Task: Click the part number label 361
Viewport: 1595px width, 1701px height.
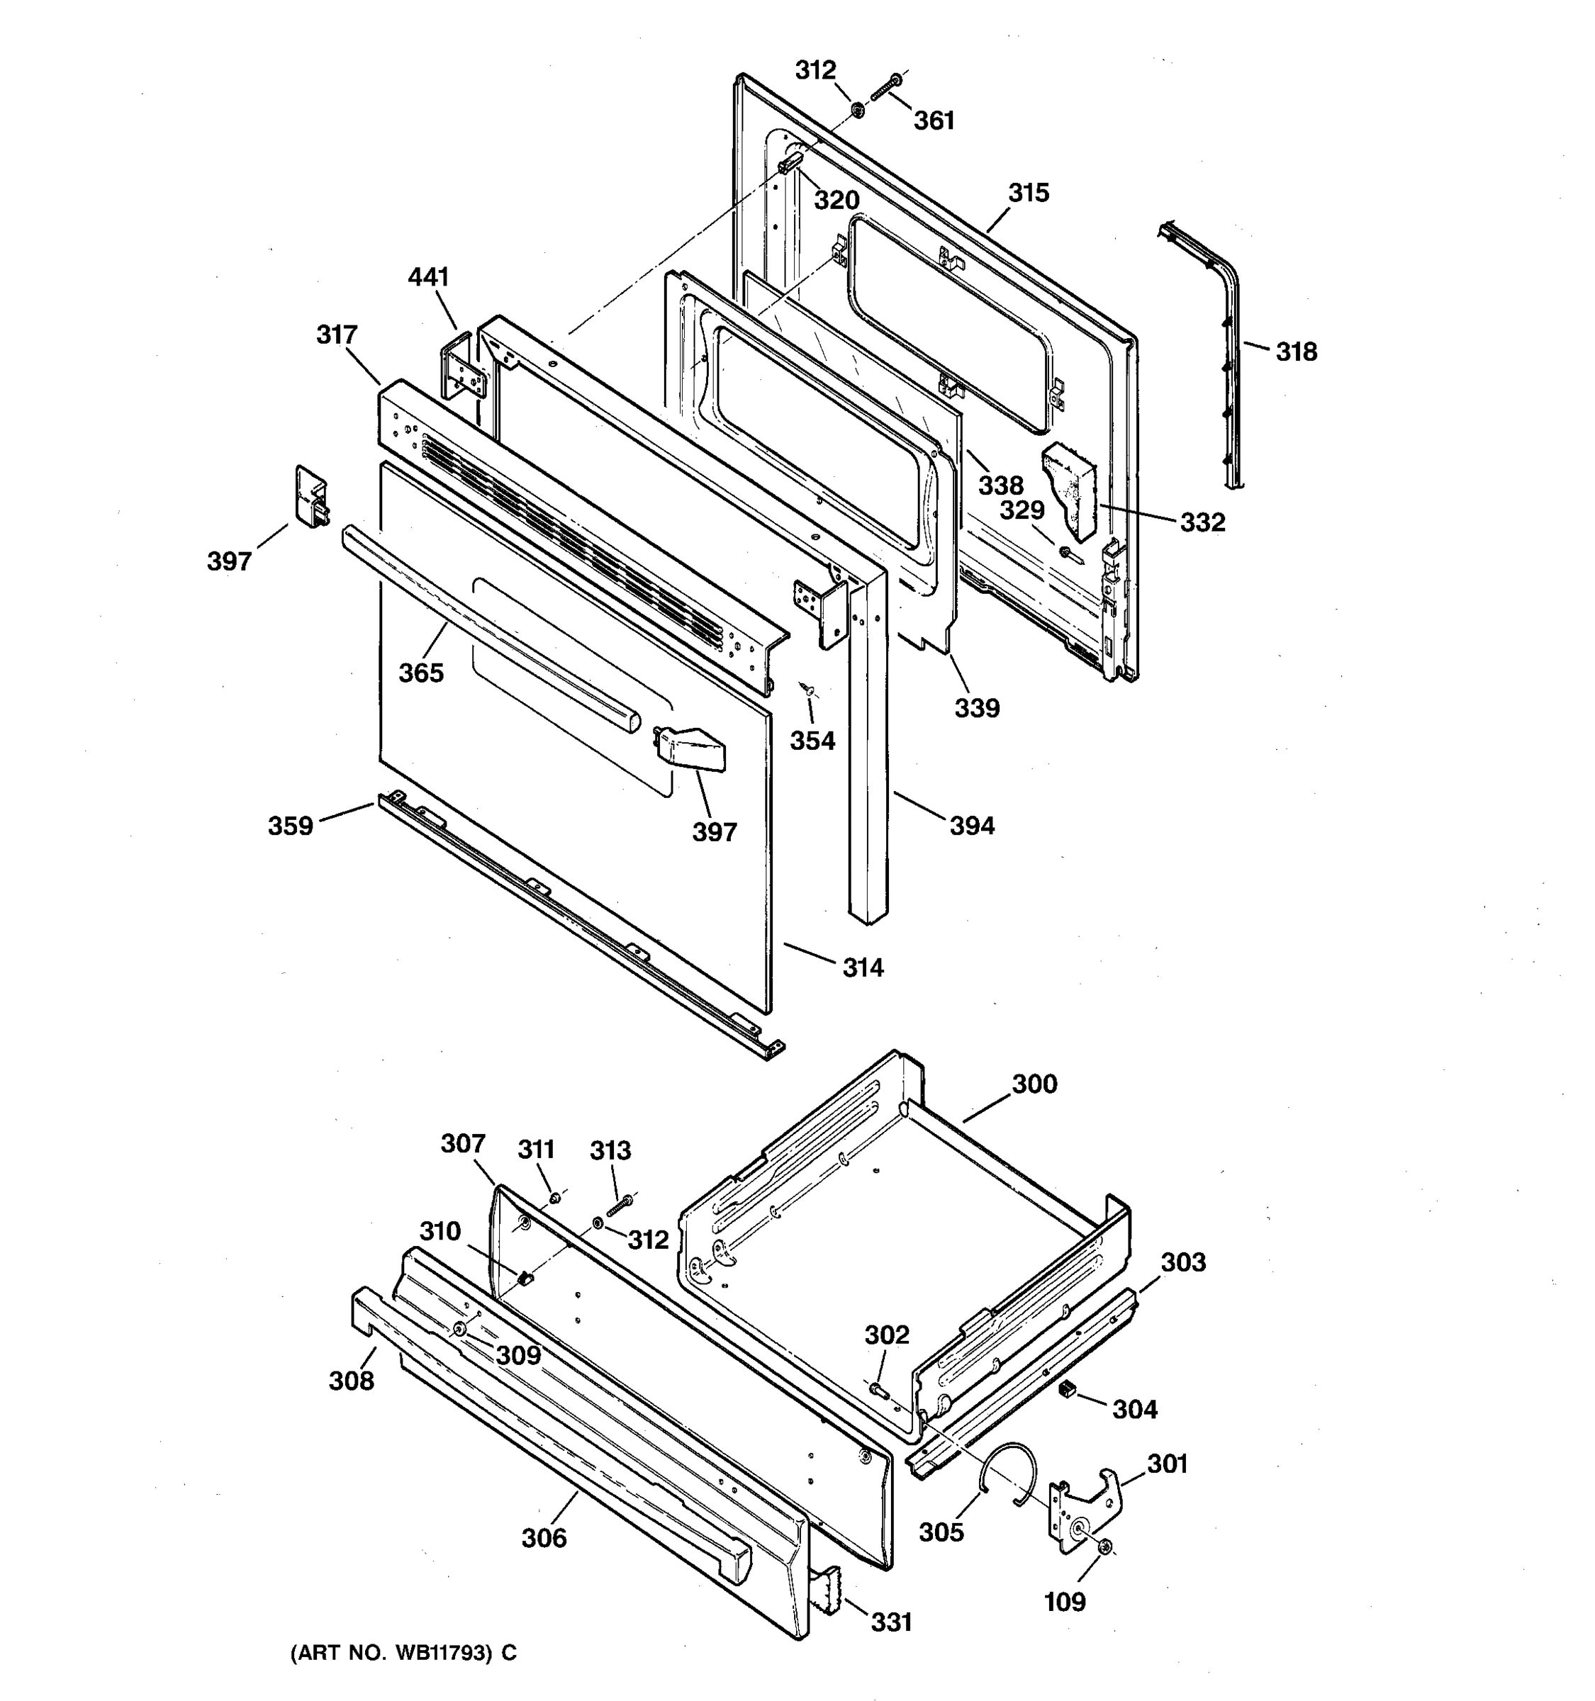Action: click(934, 120)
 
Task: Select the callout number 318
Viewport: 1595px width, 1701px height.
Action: click(1297, 352)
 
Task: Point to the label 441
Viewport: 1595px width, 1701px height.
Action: click(428, 277)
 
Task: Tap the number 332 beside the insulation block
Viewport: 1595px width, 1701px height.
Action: click(1202, 522)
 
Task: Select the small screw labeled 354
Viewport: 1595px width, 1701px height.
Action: click(806, 688)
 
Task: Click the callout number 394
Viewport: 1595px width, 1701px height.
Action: click(972, 826)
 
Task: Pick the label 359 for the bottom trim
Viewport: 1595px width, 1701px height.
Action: click(290, 826)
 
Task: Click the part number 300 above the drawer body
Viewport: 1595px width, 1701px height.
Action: click(1034, 1084)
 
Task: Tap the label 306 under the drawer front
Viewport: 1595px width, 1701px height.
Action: click(544, 1539)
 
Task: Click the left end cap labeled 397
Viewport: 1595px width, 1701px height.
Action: click(310, 495)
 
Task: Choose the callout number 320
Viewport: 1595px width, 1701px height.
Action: click(836, 200)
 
